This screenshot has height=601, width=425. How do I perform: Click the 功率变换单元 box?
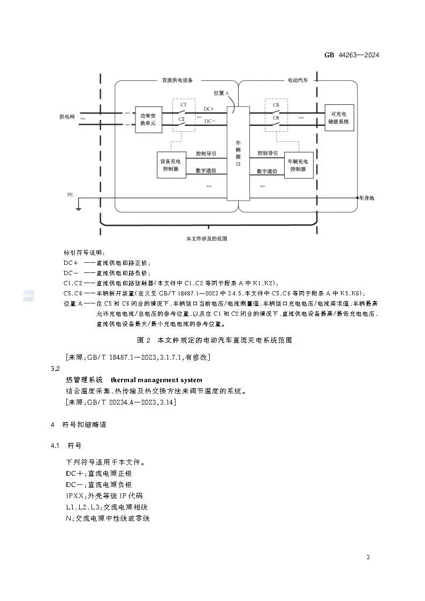point(147,119)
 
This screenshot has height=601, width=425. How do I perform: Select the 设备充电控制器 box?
point(171,164)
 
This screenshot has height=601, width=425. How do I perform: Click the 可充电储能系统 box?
point(339,118)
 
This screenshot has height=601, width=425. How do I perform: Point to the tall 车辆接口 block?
point(238,153)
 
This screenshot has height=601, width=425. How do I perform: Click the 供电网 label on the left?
point(67,117)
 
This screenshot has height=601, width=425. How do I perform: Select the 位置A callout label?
point(221,93)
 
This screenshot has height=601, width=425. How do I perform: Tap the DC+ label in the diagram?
point(209,109)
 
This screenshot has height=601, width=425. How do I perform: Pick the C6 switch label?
point(276,118)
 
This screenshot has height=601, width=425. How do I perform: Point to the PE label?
point(70,194)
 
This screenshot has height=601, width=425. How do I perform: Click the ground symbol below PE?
point(79,207)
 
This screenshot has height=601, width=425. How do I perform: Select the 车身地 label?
point(367,198)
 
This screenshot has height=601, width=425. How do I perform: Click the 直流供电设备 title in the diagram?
point(177,80)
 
